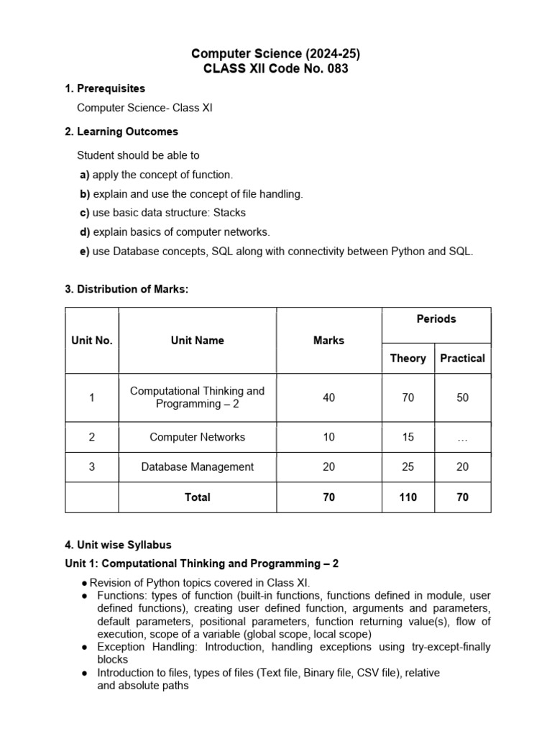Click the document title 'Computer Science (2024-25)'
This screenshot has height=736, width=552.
[275, 54]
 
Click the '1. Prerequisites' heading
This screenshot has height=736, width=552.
[105, 88]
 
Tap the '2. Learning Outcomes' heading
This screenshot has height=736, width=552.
[121, 132]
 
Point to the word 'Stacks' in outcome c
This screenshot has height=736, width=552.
[229, 213]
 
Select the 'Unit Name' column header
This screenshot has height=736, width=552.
[197, 341]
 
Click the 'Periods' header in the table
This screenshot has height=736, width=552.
[436, 319]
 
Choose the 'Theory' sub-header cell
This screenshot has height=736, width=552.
[408, 358]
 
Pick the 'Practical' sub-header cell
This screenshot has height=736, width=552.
[462, 358]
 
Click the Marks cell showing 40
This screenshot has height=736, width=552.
[328, 397]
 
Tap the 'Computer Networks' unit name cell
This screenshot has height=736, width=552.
[197, 437]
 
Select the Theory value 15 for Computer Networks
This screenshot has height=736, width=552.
[408, 437]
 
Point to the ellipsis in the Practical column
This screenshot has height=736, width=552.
[462, 438]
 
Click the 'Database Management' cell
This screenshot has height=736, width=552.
[197, 467]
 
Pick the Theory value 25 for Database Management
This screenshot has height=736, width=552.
[408, 467]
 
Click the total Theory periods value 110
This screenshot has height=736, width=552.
[408, 497]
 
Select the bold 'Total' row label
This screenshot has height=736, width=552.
[197, 497]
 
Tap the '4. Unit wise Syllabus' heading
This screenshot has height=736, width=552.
[119, 545]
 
